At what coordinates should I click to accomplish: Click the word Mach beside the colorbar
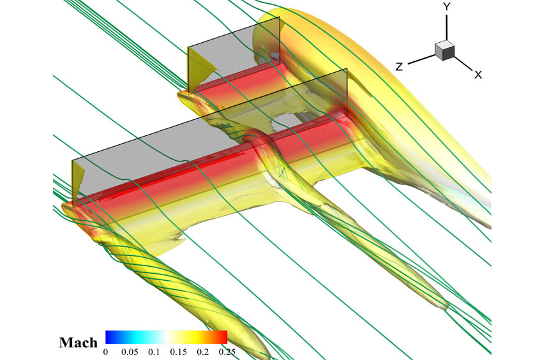pos(79,342)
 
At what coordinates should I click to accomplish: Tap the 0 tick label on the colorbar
pos(106,352)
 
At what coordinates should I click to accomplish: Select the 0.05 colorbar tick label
pos(130,352)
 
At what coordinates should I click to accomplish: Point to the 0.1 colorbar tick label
pos(154,352)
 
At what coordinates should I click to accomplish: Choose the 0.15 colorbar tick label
pos(178,352)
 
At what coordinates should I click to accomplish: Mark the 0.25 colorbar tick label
pos(227,352)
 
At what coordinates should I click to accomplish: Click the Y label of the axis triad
pos(447,7)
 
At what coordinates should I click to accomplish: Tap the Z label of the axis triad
pos(399,66)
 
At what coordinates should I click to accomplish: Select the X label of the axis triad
pos(478,75)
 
